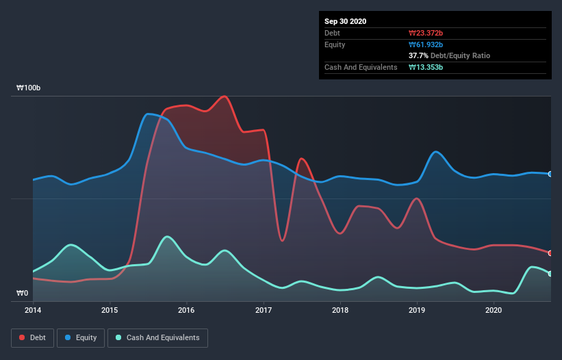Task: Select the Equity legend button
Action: click(81, 337)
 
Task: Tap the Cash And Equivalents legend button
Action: click(157, 337)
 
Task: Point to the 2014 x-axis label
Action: click(33, 311)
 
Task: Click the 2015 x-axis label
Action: click(110, 311)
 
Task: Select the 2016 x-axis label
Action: click(186, 311)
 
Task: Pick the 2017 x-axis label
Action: click(264, 311)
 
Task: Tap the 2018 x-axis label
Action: click(340, 311)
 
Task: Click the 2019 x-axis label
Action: click(417, 311)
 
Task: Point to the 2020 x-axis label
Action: click(494, 311)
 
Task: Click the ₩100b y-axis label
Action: click(29, 88)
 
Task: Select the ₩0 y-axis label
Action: click(23, 293)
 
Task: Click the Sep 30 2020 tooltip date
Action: click(346, 21)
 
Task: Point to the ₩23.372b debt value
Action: click(426, 33)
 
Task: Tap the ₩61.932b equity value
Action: click(426, 44)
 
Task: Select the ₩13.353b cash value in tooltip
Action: click(426, 67)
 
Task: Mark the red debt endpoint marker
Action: click(550, 253)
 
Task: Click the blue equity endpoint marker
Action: click(550, 174)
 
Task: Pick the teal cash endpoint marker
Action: click(550, 274)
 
